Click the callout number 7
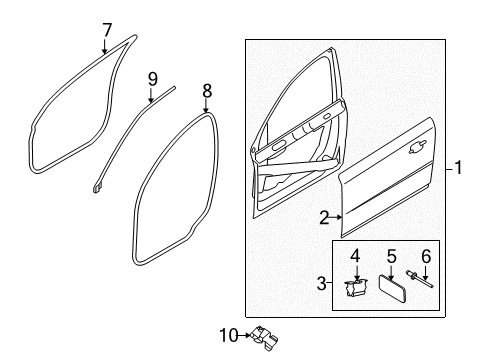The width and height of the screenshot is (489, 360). (107, 30)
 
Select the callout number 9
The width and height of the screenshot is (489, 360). (152, 79)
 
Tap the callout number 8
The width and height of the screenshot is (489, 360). (207, 91)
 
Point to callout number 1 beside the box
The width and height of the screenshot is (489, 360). (458, 167)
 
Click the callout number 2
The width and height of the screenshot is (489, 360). (324, 218)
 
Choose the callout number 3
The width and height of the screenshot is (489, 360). (321, 283)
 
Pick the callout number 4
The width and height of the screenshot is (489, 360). (355, 257)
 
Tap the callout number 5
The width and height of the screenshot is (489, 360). (392, 257)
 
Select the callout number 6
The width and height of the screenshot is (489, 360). (426, 257)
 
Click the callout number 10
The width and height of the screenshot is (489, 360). (229, 335)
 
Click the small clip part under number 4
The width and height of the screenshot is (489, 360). (356, 287)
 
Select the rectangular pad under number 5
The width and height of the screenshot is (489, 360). (392, 288)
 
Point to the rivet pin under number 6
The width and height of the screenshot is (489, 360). (419, 279)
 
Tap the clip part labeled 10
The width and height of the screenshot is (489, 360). (264, 338)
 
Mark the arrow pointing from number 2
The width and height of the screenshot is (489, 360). (336, 218)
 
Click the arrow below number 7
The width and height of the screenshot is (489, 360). (105, 46)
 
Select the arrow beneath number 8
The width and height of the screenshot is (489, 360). (206, 106)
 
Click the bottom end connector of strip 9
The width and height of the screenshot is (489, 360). (97, 188)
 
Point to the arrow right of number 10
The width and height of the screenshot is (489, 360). (245, 335)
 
